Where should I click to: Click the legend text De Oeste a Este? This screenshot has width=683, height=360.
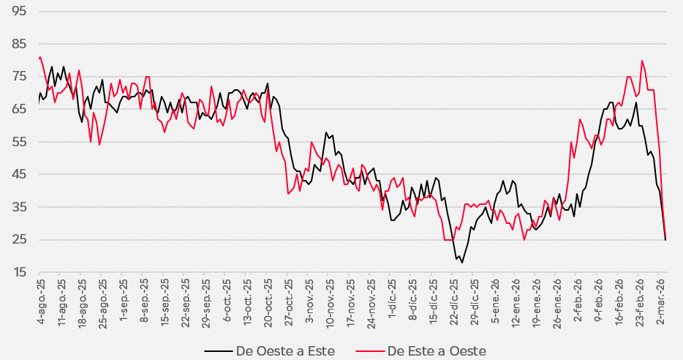(x=285, y=351)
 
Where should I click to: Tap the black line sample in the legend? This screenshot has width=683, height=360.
(x=217, y=351)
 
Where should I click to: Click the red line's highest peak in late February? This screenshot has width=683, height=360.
(x=642, y=61)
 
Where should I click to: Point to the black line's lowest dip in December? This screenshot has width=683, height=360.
(x=462, y=263)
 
